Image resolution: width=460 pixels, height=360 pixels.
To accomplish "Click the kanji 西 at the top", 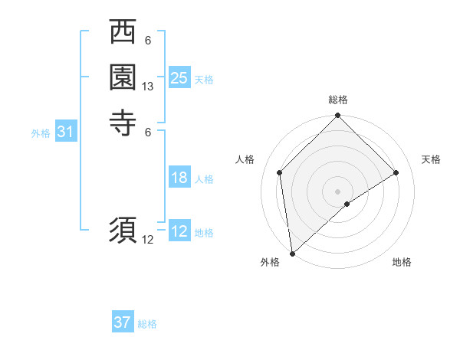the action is (x=123, y=33).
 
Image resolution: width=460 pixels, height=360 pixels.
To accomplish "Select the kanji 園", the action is (x=123, y=77).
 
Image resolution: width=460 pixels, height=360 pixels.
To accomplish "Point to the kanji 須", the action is (x=123, y=231).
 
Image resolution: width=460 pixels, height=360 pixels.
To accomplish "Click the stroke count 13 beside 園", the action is (x=148, y=87).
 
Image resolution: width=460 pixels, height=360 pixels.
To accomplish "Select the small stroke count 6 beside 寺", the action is (x=148, y=131).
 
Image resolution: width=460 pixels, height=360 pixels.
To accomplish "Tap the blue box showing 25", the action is (x=179, y=77).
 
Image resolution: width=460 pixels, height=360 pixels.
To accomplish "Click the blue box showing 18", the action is (x=179, y=178).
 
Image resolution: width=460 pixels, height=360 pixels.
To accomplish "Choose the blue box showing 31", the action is (x=66, y=132).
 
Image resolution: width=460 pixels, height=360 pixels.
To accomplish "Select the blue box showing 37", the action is (x=123, y=322).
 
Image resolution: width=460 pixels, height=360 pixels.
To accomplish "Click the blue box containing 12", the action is (x=179, y=231).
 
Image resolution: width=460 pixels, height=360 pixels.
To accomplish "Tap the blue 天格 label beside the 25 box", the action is (x=204, y=79).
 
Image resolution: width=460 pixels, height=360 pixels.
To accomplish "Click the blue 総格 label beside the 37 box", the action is (x=147, y=324).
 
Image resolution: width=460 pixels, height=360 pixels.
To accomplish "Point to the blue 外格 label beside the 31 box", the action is (x=41, y=133).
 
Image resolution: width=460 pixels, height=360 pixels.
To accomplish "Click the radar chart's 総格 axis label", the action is (x=338, y=100).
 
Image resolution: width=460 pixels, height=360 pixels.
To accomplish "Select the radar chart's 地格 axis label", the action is (x=402, y=262).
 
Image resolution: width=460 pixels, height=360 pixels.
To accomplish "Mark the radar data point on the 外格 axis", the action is (x=292, y=254).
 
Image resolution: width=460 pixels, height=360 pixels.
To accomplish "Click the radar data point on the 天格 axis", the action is (x=396, y=172).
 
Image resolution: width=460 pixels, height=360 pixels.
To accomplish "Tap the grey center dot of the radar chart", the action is (x=338, y=191).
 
